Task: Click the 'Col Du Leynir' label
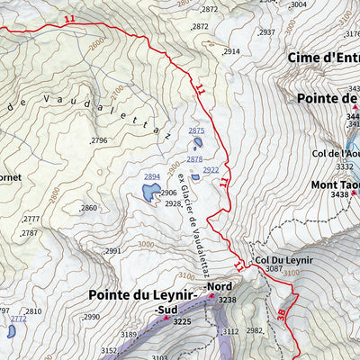[283, 260]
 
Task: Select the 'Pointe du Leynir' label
[144, 295]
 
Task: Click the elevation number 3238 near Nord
[227, 301]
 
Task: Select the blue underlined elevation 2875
[196, 131]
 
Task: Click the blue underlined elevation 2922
[211, 169]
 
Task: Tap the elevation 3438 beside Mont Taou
[339, 195]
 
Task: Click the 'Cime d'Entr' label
[323, 58]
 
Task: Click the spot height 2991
[112, 251]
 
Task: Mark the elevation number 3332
[344, 166]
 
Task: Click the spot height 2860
[88, 208]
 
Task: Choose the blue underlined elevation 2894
[152, 176]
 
